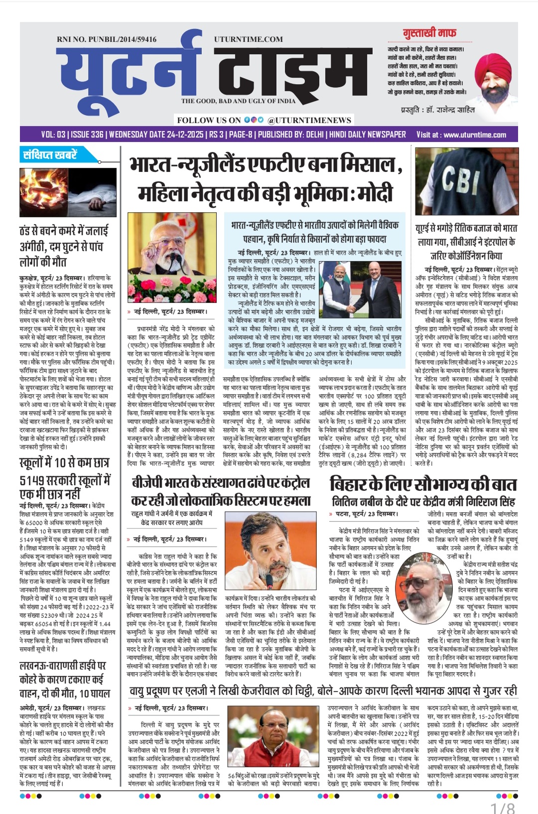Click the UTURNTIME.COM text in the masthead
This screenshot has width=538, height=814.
point(248,39)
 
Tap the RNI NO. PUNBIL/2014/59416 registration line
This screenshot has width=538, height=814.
point(107,39)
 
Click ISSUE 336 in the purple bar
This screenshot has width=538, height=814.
point(87,135)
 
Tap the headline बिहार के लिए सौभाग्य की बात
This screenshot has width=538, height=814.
point(422,484)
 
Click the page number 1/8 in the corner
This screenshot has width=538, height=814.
point(502,807)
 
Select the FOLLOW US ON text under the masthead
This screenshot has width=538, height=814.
point(209,120)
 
